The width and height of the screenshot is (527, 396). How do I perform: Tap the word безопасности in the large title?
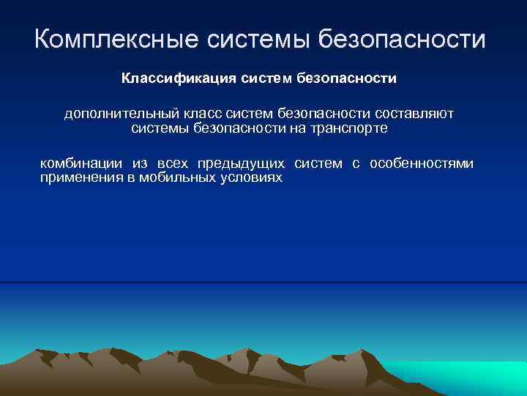(402, 39)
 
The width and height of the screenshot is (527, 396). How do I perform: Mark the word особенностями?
(422, 164)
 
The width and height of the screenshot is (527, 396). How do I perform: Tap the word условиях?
(250, 177)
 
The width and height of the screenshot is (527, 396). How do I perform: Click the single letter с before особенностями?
(356, 164)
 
